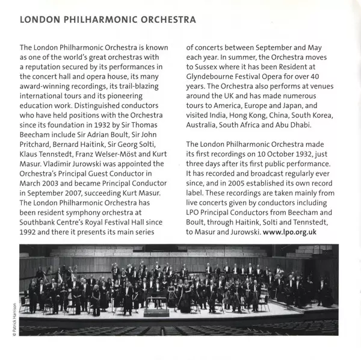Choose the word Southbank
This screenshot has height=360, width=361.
point(40,222)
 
